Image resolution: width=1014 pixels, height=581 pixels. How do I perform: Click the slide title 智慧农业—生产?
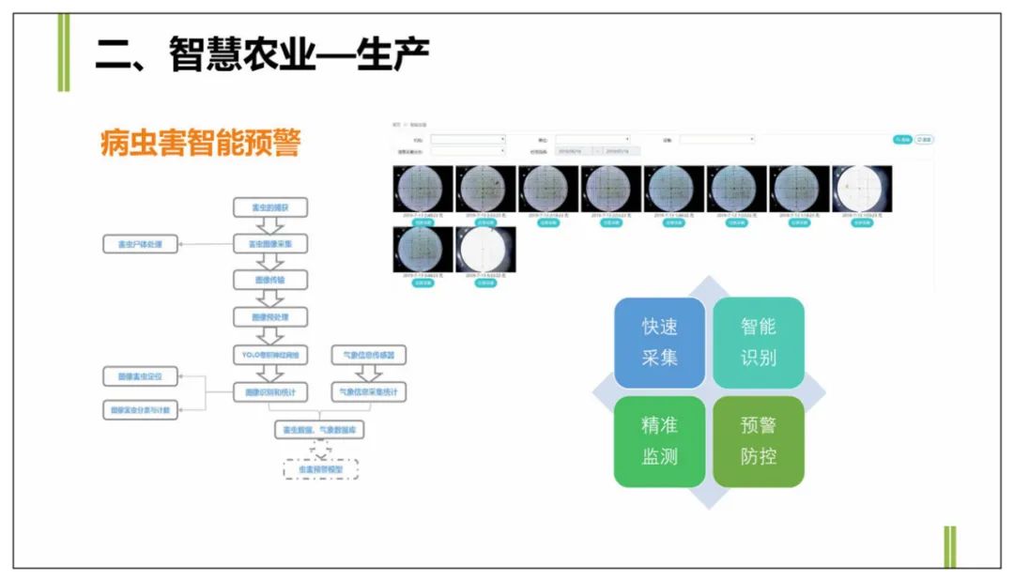click(x=262, y=55)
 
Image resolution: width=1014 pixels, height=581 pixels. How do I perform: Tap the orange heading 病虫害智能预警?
click(x=200, y=143)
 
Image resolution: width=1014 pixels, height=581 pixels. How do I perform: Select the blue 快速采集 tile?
click(x=659, y=342)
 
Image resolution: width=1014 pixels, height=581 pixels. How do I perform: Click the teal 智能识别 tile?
click(x=759, y=342)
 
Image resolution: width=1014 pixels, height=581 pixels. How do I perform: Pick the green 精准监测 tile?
click(x=659, y=441)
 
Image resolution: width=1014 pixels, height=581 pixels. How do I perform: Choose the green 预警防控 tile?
click(x=759, y=441)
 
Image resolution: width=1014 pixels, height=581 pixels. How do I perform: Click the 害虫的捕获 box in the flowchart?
click(x=270, y=207)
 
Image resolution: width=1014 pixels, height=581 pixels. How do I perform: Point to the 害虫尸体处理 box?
click(x=140, y=245)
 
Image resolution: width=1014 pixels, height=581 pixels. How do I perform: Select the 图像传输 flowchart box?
click(x=270, y=280)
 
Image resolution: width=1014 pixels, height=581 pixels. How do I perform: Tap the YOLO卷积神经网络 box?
click(x=270, y=355)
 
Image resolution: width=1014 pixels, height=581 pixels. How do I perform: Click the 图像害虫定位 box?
click(x=140, y=377)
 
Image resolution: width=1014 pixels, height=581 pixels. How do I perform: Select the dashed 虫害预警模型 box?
click(x=321, y=468)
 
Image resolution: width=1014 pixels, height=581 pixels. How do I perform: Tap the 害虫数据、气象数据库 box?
click(x=320, y=430)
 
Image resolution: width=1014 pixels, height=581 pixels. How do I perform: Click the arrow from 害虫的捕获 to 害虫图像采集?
click(x=270, y=225)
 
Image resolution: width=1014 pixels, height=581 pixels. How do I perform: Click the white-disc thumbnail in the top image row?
click(x=862, y=188)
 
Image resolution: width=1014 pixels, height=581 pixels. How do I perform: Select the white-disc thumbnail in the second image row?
click(x=485, y=249)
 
